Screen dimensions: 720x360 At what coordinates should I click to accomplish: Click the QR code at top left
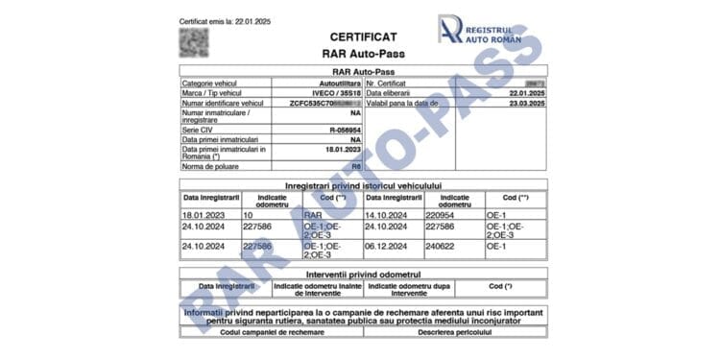pos(194,42)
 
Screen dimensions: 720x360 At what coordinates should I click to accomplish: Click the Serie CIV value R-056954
pos(344,128)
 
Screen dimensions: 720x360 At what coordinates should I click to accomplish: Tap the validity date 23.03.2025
pos(528,102)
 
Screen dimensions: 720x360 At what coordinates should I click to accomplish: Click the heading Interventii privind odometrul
pos(363,274)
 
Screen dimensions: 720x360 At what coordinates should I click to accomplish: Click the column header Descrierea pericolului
pos(454,331)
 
